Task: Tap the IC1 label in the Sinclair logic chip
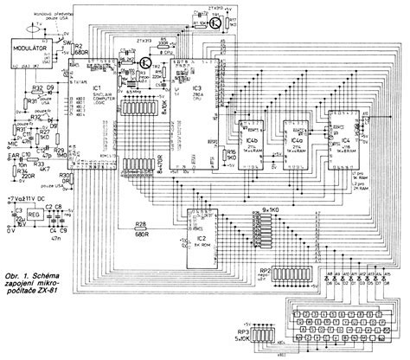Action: click(97, 89)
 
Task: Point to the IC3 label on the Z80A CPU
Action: click(197, 89)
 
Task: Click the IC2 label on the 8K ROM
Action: click(201, 235)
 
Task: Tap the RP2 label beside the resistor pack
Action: click(265, 271)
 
